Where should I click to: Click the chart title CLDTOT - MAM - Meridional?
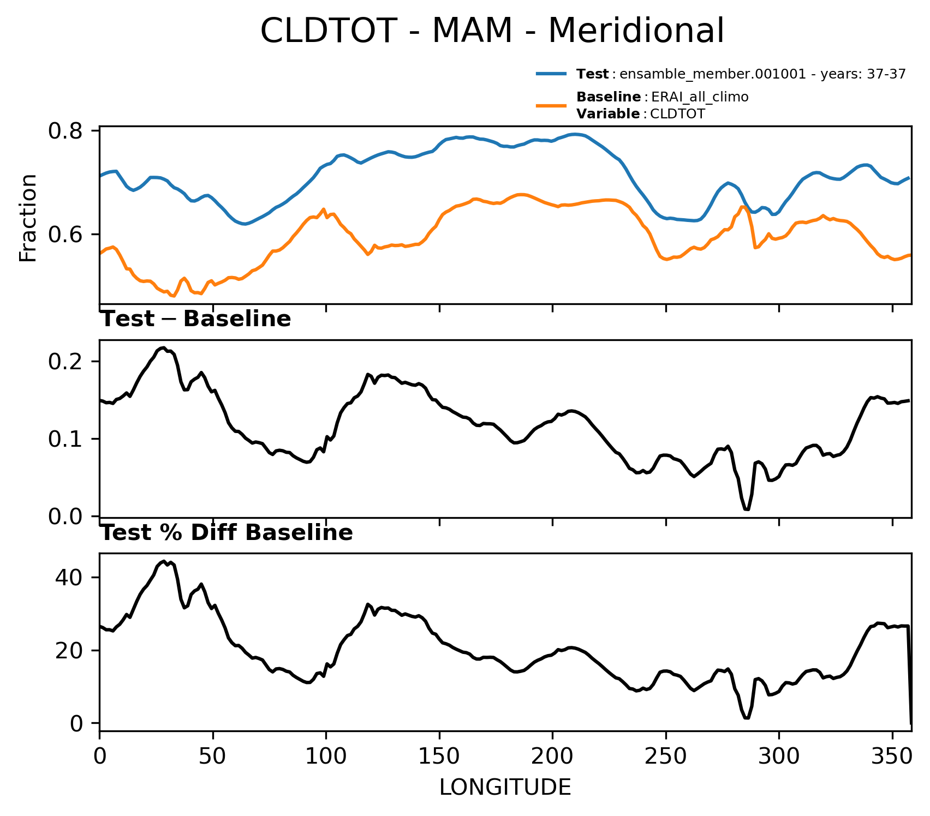(x=492, y=31)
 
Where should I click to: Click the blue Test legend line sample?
(x=553, y=74)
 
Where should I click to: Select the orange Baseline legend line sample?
(x=553, y=105)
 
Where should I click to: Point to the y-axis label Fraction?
(x=28, y=218)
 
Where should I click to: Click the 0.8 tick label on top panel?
(x=65, y=131)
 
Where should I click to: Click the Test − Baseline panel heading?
(x=196, y=320)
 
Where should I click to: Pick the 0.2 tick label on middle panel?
(x=65, y=362)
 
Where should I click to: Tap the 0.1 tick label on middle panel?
(x=65, y=439)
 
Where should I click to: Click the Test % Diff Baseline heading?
(x=227, y=533)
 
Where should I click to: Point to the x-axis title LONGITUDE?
(x=505, y=788)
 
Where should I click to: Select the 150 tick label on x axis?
(x=439, y=757)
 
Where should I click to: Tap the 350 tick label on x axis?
(x=892, y=757)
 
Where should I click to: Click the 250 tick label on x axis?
(x=666, y=757)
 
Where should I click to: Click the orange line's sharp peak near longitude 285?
(x=742, y=206)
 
